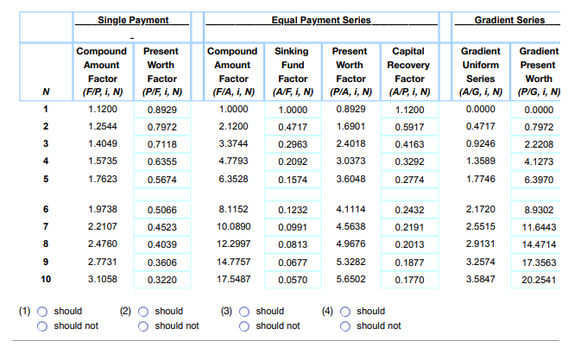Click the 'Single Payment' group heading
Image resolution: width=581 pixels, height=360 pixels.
tap(132, 20)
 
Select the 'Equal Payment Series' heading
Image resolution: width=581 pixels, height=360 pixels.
tap(321, 20)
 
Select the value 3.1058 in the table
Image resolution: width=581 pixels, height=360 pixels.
tap(102, 280)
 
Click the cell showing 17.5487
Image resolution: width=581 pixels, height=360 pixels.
tap(232, 280)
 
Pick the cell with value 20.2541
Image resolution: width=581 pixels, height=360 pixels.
tap(538, 280)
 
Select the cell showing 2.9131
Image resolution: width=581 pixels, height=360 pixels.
tap(480, 244)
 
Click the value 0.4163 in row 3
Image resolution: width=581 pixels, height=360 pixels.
tap(409, 144)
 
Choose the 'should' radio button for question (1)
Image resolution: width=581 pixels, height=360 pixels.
tap(41, 311)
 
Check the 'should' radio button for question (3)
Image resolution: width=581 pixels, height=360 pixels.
tap(243, 311)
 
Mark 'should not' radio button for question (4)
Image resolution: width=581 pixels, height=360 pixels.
tap(344, 325)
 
